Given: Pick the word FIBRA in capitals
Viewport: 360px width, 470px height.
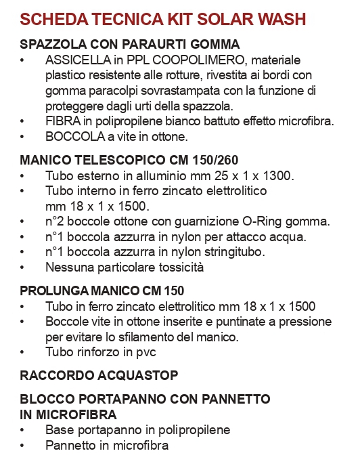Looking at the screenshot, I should (62, 122).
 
